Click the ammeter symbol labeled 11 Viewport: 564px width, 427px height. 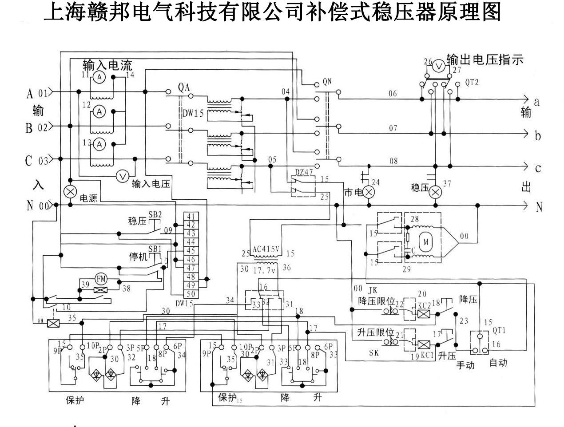coord(100,77)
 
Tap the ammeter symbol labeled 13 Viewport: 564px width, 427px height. coord(100,144)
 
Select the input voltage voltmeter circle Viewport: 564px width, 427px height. coord(122,176)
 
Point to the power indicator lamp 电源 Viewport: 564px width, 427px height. coord(70,192)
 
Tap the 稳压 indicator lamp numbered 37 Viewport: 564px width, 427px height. coord(436,192)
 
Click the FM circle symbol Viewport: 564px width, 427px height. coord(102,279)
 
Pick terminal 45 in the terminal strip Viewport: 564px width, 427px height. coord(191,251)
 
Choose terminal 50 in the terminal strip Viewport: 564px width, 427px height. coord(191,294)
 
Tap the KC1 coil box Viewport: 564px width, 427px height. coord(425,344)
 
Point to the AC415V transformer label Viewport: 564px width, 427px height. coord(266,249)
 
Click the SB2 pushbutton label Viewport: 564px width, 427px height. coord(155,214)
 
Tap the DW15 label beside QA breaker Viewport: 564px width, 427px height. coord(193,114)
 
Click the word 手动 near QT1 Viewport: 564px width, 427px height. coord(466,365)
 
